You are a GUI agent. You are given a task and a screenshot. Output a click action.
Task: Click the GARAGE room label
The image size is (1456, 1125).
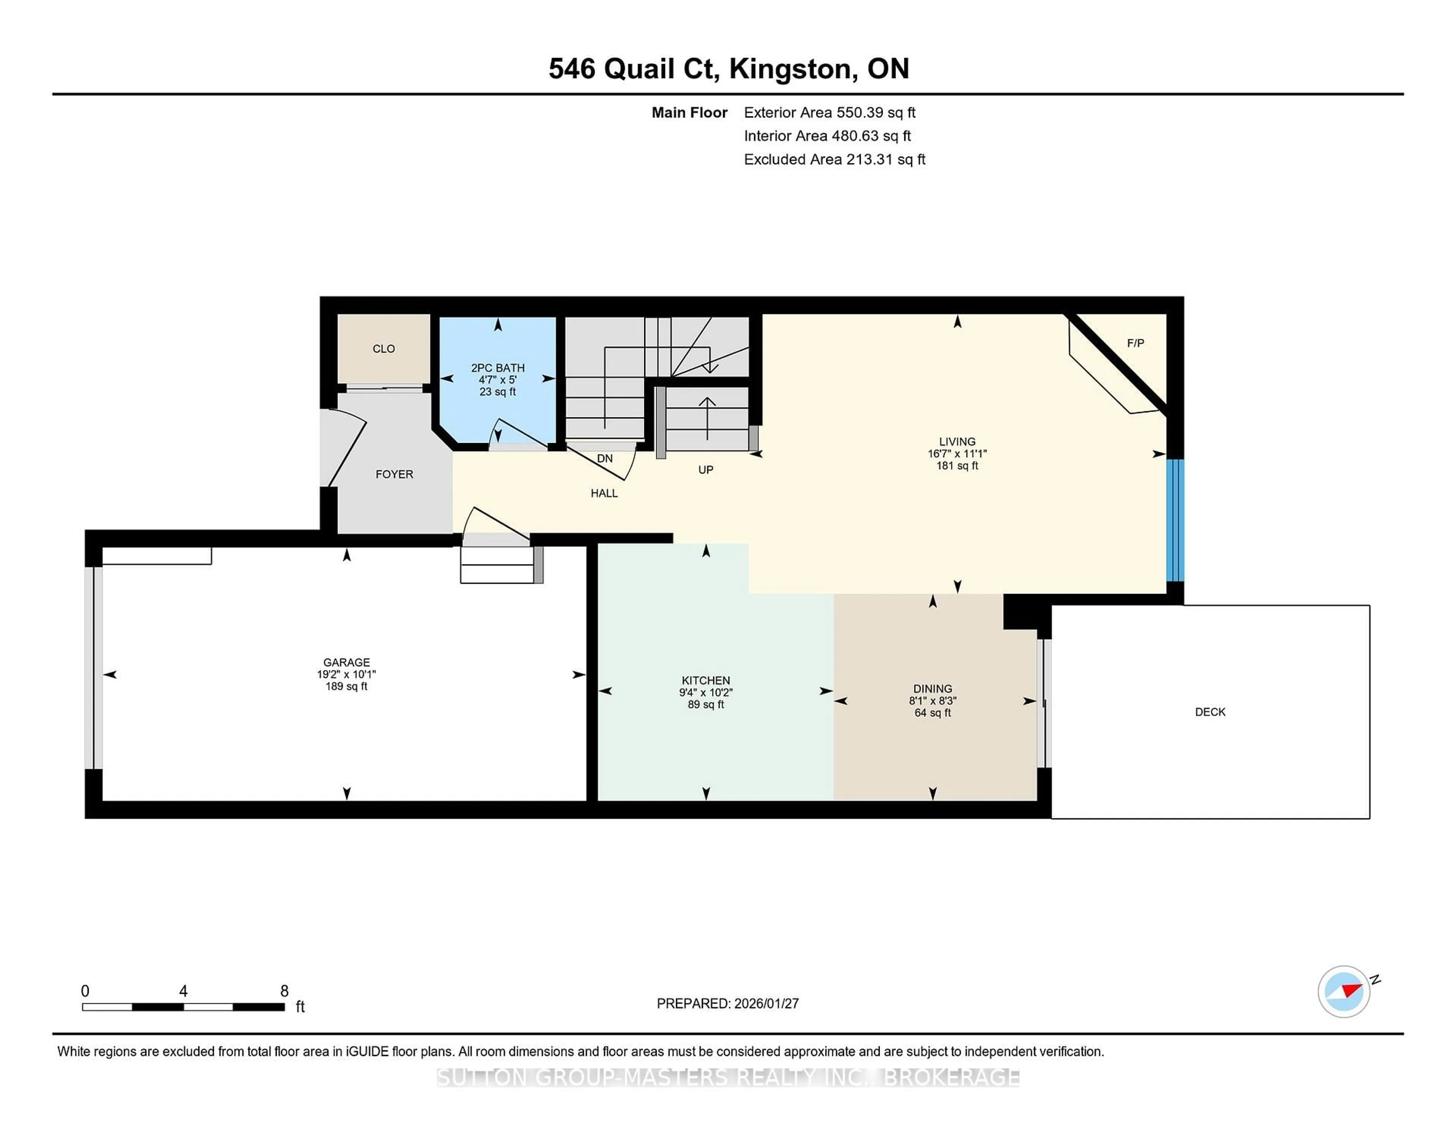346,662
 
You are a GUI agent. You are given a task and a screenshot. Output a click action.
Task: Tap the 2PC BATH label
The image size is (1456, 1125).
497,367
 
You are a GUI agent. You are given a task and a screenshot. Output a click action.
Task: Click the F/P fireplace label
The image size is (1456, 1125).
1135,343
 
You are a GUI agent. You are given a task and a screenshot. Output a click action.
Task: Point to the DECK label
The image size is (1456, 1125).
1210,712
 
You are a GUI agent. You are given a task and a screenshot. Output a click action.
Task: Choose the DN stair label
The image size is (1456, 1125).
605,459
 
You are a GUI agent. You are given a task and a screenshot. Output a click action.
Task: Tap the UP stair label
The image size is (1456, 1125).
705,470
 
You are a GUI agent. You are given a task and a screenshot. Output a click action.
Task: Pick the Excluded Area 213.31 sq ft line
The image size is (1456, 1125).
834,159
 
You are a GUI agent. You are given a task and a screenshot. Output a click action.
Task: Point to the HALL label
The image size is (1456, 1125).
604,493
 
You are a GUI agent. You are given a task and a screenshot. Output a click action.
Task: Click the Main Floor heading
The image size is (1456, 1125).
689,113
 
